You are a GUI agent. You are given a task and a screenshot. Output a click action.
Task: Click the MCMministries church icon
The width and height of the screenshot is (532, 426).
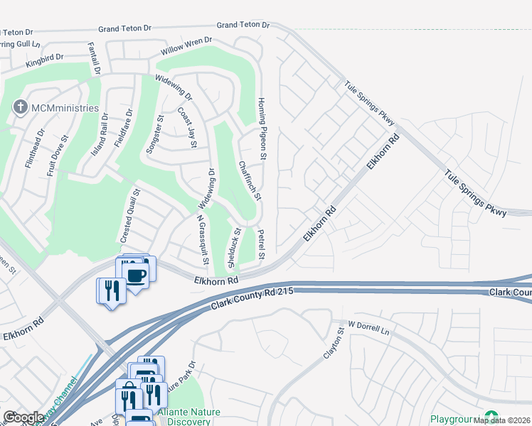(x=19, y=108)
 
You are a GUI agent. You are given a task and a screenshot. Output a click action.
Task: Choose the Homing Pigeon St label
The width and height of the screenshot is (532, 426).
(x=262, y=129)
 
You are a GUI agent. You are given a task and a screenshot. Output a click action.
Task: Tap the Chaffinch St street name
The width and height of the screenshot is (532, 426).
(x=251, y=181)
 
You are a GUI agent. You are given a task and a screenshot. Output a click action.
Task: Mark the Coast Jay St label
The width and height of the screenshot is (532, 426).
(x=187, y=129)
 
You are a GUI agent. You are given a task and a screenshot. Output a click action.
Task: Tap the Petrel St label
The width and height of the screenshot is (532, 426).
(x=262, y=244)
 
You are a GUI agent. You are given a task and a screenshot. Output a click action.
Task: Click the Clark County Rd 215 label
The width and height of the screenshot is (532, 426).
(x=252, y=299)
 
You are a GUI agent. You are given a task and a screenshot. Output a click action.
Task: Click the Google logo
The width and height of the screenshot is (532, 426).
(x=24, y=417)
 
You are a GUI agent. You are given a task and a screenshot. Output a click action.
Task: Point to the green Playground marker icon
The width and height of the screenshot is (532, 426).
(x=491, y=417)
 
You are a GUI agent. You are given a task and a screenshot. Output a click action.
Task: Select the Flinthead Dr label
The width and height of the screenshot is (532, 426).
(x=35, y=148)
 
